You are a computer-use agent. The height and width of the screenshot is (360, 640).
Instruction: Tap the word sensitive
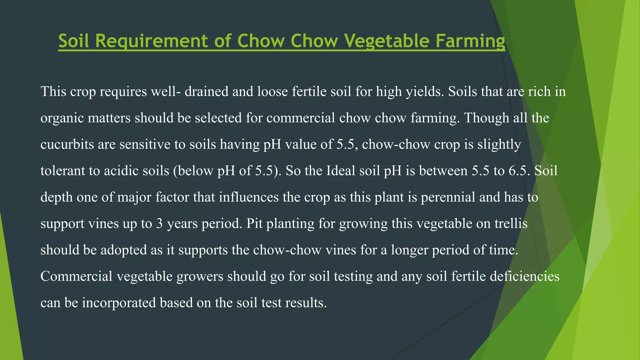click(x=145, y=144)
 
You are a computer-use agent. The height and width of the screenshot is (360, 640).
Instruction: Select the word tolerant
click(x=63, y=171)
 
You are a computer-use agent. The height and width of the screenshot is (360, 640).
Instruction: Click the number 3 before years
click(x=159, y=224)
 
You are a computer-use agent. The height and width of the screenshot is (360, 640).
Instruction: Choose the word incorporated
click(x=119, y=303)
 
